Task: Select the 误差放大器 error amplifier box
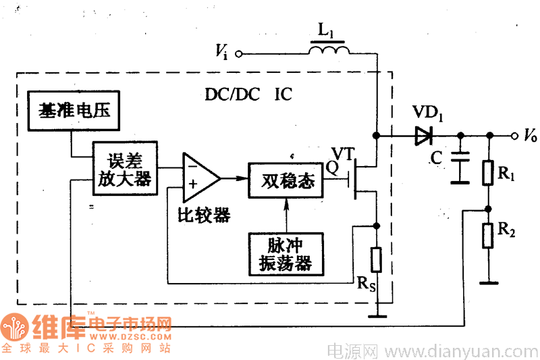124,168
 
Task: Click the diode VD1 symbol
423,136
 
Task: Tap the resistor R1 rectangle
489,173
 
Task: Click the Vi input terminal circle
238,54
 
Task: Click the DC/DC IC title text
249,95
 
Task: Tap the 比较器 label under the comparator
204,215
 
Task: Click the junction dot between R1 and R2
489,209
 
